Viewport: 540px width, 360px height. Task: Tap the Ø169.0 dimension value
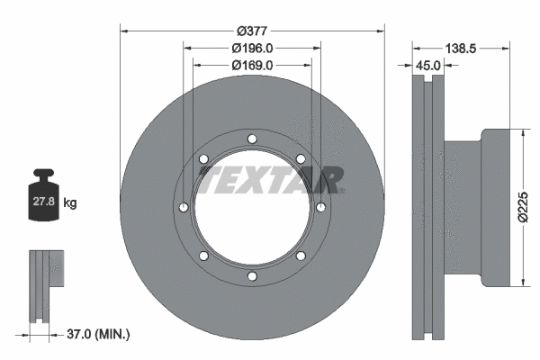coord(252,64)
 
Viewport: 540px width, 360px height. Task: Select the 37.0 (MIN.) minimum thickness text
coord(99,334)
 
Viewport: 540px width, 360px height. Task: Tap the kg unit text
coord(70,204)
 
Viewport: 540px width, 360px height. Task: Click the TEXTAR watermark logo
coord(271,180)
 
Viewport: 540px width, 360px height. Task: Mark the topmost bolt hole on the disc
coord(252,139)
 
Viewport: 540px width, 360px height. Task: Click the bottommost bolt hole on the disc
coord(252,276)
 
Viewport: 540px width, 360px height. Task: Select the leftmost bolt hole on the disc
coord(184,208)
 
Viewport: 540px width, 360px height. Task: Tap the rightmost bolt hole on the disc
coord(320,208)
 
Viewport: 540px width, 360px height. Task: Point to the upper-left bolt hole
coord(204,159)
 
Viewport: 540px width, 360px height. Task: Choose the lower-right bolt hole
coord(301,256)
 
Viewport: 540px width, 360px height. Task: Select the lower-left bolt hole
coord(204,256)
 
